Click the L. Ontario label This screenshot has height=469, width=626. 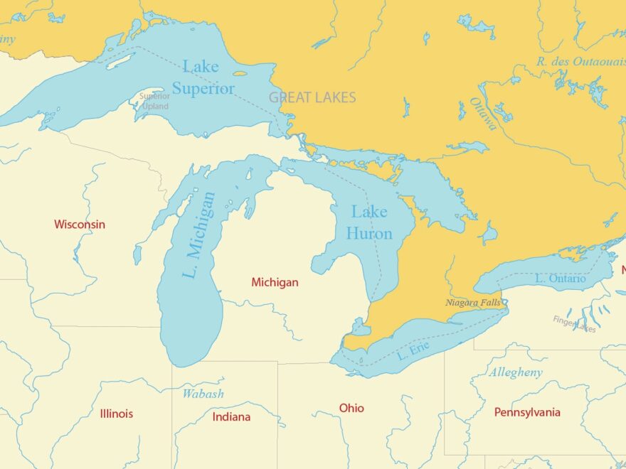click(x=561, y=279)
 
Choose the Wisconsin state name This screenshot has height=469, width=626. click(x=80, y=225)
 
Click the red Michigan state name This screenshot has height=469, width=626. click(x=275, y=283)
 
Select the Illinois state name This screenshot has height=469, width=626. click(x=117, y=414)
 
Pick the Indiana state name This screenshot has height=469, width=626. click(x=231, y=417)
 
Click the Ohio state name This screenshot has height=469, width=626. click(x=351, y=408)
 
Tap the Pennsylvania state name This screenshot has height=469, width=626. click(x=527, y=412)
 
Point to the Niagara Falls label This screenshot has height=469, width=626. click(x=472, y=303)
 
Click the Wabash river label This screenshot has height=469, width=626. click(x=203, y=394)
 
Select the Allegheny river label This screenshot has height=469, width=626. click(x=515, y=372)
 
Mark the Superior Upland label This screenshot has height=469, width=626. click(x=154, y=102)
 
